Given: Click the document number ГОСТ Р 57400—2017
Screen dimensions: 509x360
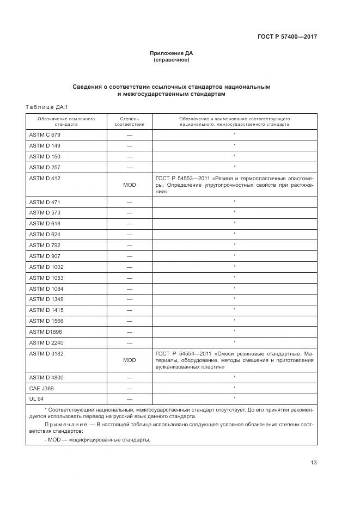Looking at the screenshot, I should (287, 36).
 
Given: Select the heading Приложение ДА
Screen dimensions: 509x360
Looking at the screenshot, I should (172, 53).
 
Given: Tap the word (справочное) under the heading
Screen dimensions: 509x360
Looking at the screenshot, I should (172, 60).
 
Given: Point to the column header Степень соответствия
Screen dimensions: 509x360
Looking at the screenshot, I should (129, 121).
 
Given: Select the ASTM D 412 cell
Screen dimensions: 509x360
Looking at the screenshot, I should (45, 178).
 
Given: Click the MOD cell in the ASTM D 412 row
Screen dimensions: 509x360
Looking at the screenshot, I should (129, 185).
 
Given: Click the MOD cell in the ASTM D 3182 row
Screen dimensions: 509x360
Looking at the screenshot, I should (129, 360).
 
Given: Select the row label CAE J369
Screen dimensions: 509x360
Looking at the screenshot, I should (41, 388).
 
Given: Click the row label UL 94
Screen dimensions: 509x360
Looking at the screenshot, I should (36, 399).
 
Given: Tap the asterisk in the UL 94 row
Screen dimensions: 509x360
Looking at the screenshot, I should (234, 398).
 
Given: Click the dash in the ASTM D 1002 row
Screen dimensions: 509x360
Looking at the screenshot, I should (129, 267).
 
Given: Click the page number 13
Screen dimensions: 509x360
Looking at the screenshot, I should (313, 463).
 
